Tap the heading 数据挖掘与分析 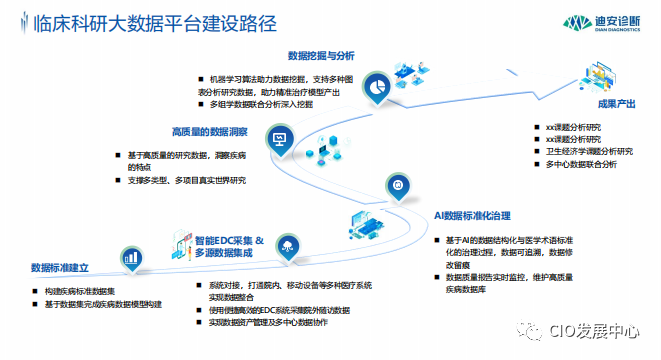(321, 55)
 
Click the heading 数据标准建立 (60, 269)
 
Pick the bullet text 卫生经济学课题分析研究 (595, 150)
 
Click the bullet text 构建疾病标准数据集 (81, 291)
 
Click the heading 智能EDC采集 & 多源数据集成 (229, 247)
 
